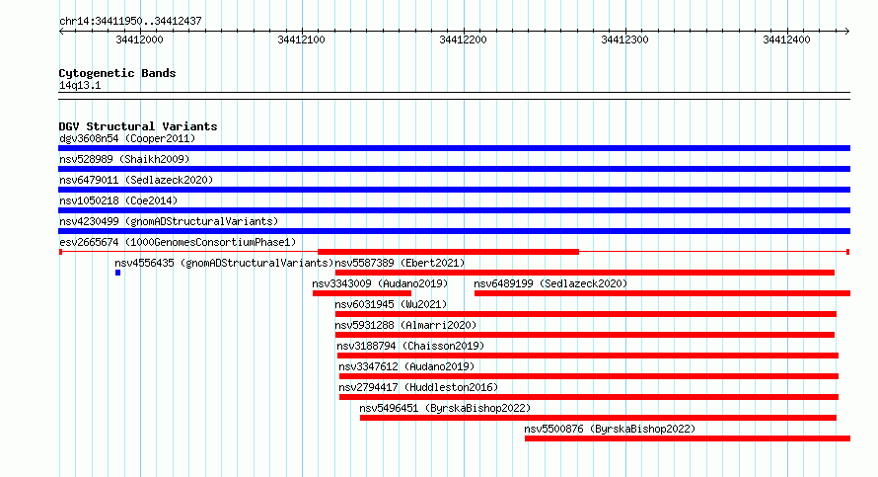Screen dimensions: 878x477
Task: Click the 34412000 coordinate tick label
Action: tap(139, 40)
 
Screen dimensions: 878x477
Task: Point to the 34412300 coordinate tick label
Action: tap(624, 40)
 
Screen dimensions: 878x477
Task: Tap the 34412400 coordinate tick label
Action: tap(786, 40)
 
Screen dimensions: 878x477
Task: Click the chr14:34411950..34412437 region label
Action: tap(130, 22)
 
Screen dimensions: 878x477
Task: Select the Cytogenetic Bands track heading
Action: tap(117, 73)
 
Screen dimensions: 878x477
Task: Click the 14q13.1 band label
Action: tap(80, 86)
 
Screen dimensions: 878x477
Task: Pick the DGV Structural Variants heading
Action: tap(138, 126)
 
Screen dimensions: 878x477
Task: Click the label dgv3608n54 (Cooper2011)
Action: tap(127, 139)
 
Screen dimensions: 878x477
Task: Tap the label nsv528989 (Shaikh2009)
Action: tap(124, 160)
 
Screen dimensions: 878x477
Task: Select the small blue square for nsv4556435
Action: tap(117, 273)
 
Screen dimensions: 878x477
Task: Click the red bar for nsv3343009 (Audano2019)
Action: tap(362, 293)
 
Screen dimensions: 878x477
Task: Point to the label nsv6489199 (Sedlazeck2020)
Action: tap(551, 284)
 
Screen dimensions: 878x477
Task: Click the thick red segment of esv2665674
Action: tap(448, 252)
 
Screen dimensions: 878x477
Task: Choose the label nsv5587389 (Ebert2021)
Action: tap(400, 264)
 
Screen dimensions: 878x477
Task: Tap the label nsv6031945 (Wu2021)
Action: tap(391, 305)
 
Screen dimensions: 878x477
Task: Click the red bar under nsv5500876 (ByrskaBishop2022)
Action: tap(688, 438)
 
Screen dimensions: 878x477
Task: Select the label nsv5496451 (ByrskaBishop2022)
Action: tap(445, 409)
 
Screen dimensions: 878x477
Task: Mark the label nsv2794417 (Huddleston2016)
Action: tap(418, 388)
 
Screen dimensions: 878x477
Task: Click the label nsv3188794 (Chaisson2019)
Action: tap(410, 347)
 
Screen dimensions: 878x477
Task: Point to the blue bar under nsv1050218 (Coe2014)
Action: tap(454, 210)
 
